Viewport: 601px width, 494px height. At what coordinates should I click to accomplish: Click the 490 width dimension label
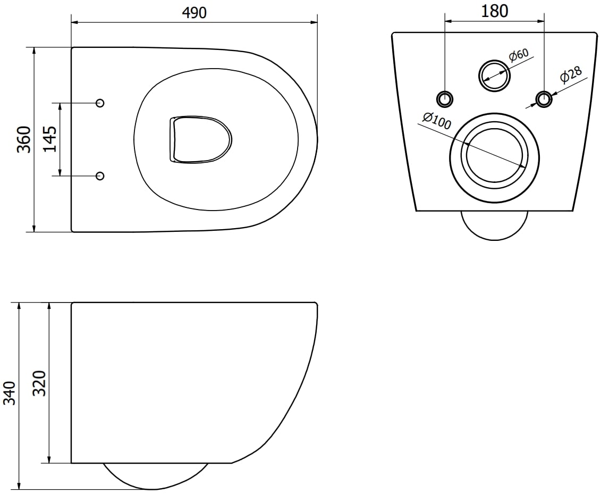tap(194, 13)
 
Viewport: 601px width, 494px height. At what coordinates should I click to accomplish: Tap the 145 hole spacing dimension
tap(50, 139)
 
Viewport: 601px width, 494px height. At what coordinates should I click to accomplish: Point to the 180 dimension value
tap(494, 11)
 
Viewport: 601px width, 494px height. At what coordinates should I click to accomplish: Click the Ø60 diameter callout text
tap(518, 55)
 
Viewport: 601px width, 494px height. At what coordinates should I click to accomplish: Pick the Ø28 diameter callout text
tap(571, 75)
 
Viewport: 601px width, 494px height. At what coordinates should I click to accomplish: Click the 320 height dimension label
tap(40, 383)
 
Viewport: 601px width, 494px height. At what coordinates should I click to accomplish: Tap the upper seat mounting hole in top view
tap(100, 103)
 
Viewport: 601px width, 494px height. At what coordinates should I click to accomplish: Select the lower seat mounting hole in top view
tap(100, 176)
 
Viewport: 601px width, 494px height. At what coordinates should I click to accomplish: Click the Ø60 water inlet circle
tap(495, 75)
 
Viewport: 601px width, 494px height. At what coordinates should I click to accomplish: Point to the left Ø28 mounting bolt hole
tap(445, 99)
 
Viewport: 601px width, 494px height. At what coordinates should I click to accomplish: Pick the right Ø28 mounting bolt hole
tap(544, 99)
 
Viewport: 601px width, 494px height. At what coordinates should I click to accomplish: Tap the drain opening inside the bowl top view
tap(200, 139)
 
